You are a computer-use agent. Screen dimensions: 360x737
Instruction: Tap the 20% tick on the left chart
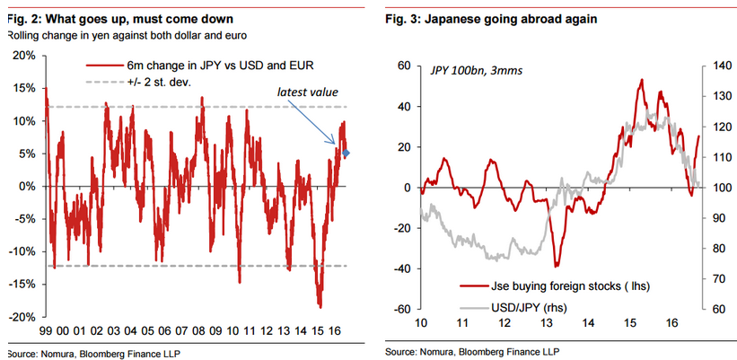coord(24,56)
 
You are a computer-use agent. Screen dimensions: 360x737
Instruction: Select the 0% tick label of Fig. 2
coord(27,187)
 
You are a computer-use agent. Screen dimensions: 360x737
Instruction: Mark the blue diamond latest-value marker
coord(347,153)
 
